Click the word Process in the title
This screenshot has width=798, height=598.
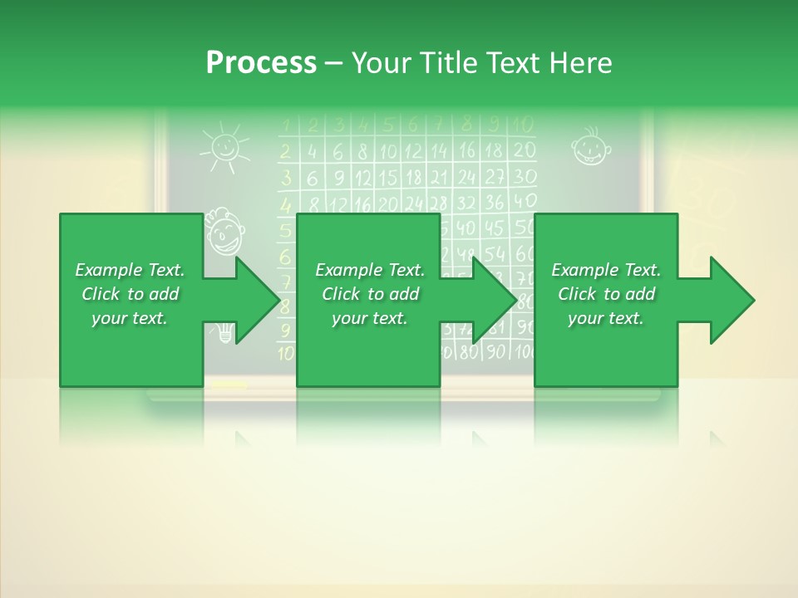pyautogui.click(x=261, y=62)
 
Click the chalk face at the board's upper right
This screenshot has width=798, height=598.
pyautogui.click(x=590, y=148)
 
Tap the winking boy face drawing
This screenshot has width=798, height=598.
pyautogui.click(x=224, y=231)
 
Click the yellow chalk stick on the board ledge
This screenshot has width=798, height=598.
pyautogui.click(x=229, y=385)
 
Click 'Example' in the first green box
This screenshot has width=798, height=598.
pyautogui.click(x=107, y=270)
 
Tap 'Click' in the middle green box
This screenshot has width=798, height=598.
pyautogui.click(x=342, y=294)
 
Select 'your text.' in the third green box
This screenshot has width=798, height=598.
pyautogui.click(x=605, y=318)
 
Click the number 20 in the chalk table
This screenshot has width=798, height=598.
pyautogui.click(x=524, y=150)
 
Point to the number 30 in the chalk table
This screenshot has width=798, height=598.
pyautogui.click(x=525, y=176)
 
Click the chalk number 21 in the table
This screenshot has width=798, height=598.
pyautogui.click(x=439, y=176)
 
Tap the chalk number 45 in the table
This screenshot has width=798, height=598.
pyautogui.click(x=494, y=228)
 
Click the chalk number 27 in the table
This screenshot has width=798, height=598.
pyautogui.click(x=495, y=176)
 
